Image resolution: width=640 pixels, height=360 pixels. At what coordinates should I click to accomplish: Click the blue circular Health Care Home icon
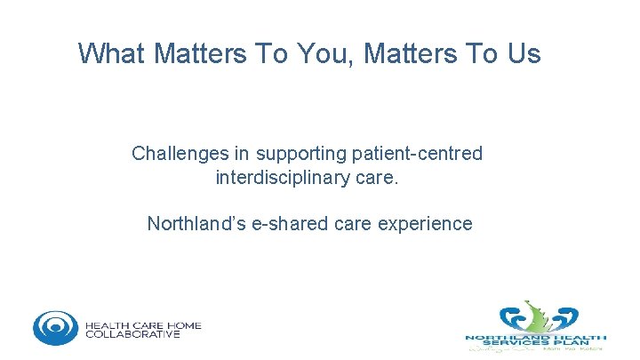[55, 327]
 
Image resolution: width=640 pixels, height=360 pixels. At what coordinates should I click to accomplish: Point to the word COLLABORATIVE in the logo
[132, 335]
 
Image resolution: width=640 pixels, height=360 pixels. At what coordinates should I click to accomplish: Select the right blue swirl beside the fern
[562, 317]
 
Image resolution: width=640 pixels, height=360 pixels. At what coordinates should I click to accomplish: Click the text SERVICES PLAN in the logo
[537, 343]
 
